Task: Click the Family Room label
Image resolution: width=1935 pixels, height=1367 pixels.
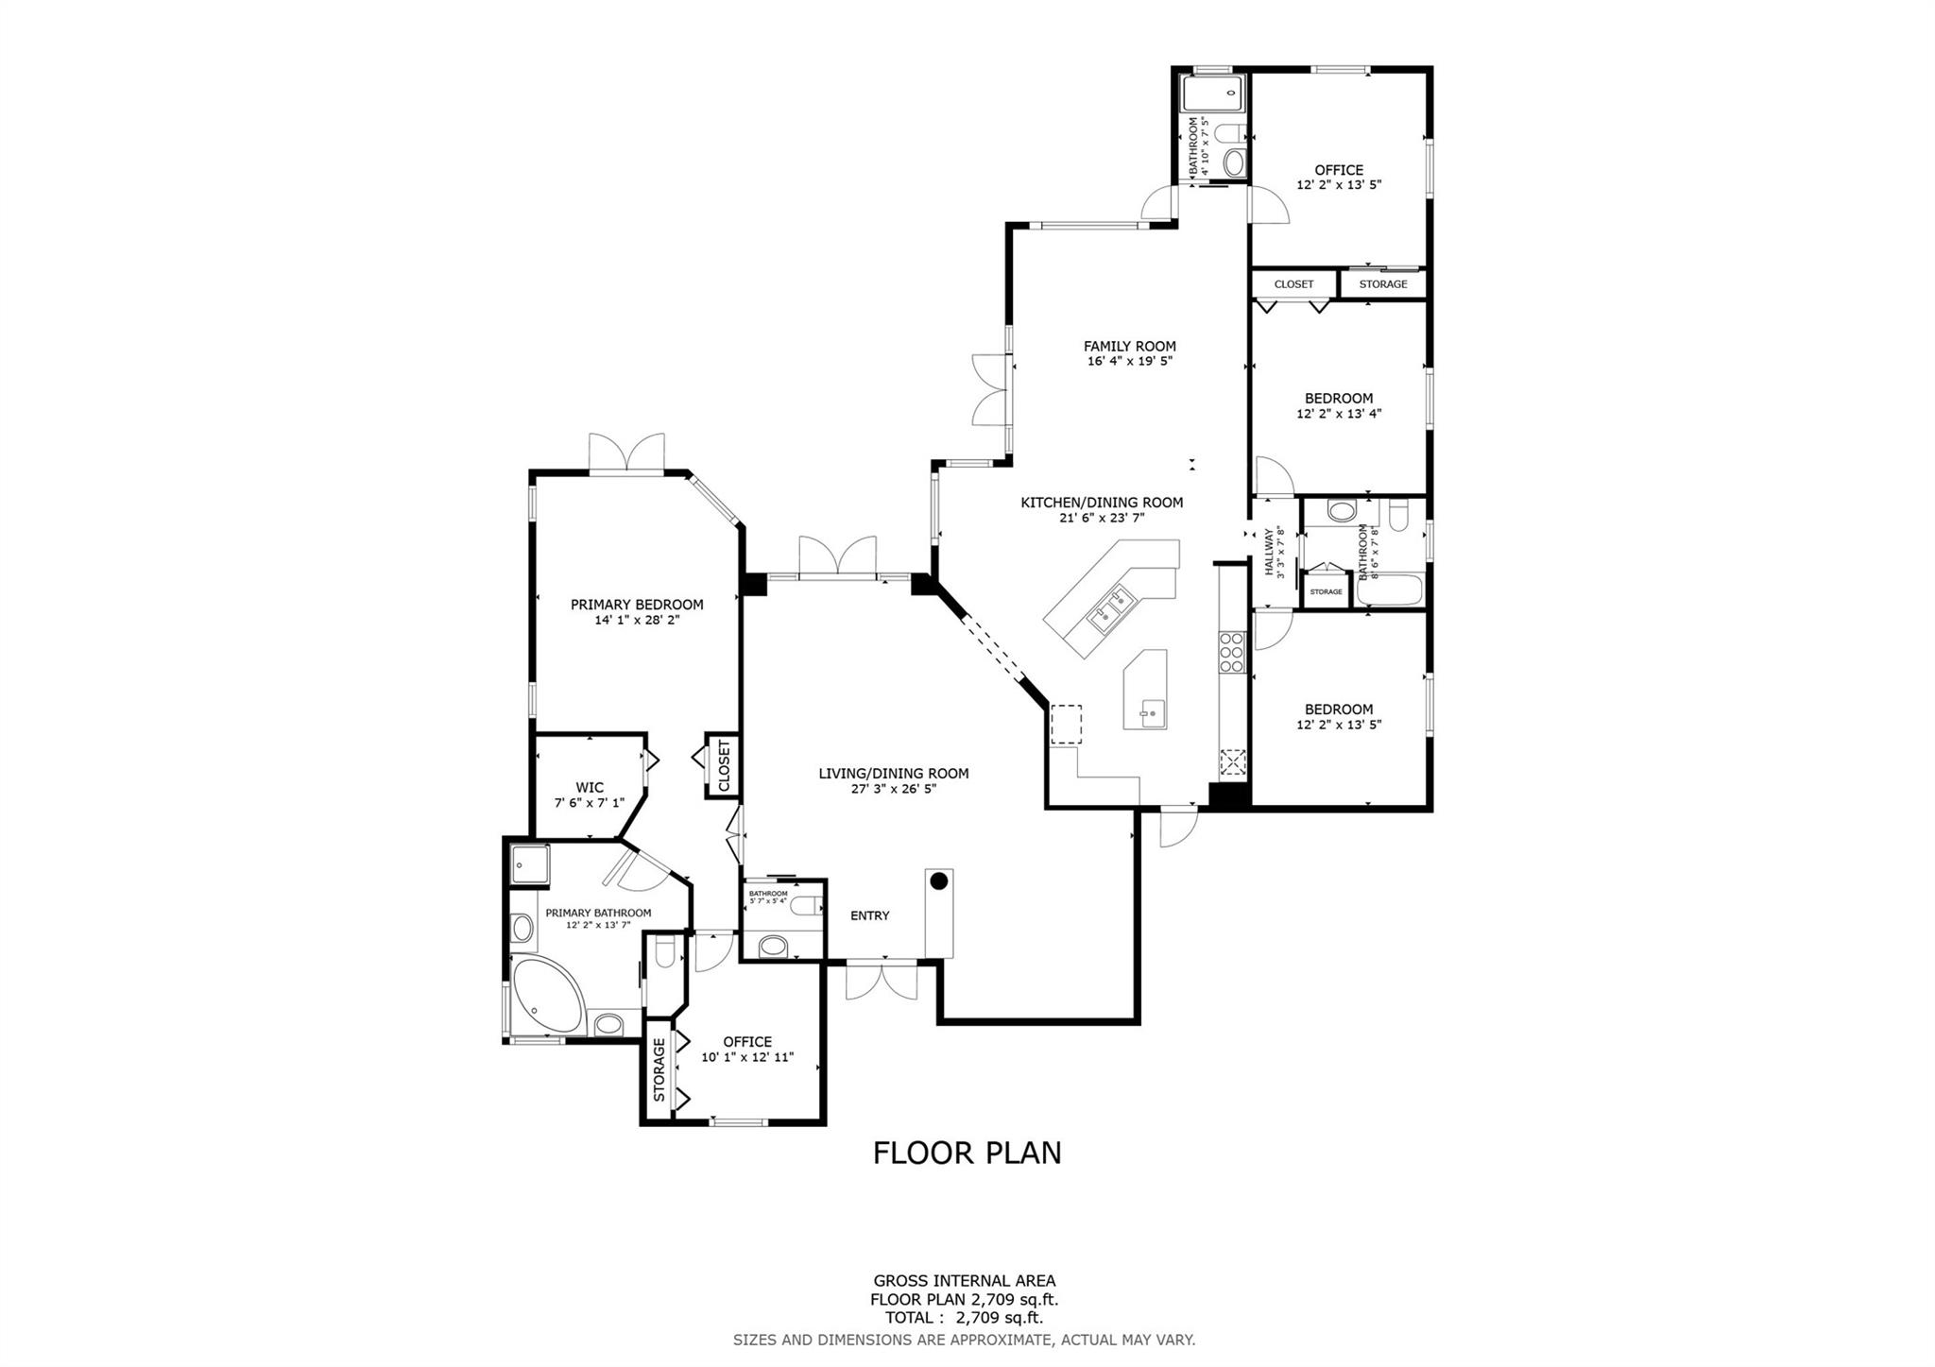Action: click(1129, 346)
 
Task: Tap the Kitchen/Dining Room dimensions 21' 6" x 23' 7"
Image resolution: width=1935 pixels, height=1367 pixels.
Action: click(1102, 518)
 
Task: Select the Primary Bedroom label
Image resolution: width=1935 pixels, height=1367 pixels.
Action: click(637, 605)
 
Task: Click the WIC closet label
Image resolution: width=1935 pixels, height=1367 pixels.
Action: click(590, 788)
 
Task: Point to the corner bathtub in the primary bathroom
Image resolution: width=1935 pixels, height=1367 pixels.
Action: click(545, 996)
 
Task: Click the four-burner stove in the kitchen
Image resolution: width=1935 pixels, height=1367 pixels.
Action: click(1231, 652)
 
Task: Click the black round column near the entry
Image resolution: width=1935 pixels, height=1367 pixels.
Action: click(938, 880)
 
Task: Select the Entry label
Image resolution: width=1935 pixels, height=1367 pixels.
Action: click(869, 915)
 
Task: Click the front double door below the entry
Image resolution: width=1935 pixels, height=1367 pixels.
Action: click(882, 981)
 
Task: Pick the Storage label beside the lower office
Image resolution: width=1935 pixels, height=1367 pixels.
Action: click(659, 1069)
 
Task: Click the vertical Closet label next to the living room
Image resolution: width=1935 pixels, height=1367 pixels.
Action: click(724, 766)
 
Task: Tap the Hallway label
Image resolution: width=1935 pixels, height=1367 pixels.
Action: click(1269, 553)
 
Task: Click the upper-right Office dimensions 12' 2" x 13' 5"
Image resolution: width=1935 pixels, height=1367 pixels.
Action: click(1339, 185)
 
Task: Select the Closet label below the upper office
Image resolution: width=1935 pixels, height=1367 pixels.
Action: click(1293, 284)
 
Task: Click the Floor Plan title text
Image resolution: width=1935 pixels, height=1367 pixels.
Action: click(967, 1153)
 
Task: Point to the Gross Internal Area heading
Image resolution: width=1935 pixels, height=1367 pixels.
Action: click(964, 1281)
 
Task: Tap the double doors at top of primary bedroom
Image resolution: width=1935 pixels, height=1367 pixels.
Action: click(626, 453)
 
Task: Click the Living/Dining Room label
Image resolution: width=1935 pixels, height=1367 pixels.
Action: click(893, 774)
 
